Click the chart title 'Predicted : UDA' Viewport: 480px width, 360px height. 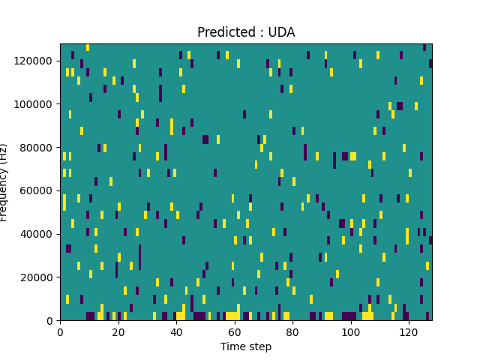coord(246,32)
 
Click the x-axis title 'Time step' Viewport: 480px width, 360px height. coord(246,346)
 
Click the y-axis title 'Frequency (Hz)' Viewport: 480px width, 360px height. coord(4,182)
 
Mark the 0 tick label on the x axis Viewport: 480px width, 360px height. coord(60,331)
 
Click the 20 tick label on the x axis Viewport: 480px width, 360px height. coord(118,331)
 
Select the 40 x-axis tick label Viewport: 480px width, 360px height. coord(176,331)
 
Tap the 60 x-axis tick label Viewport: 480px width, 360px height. coord(235,331)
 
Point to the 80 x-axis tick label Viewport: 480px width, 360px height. coord(292,331)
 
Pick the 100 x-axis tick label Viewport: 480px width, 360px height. coord(350,331)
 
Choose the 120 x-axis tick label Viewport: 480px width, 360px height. coord(409,331)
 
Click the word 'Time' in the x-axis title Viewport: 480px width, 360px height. coord(232,346)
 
